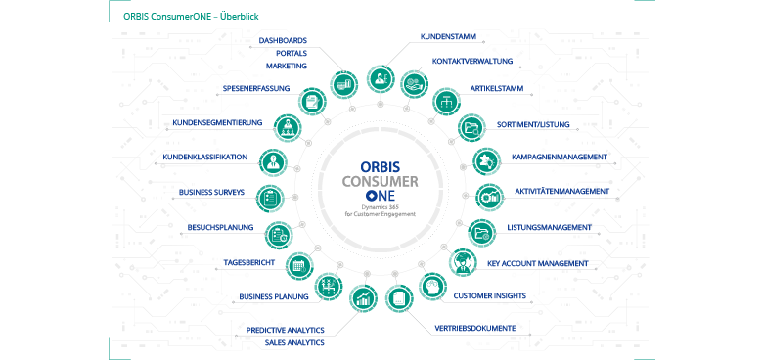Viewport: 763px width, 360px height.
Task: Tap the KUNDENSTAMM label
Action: coord(447,37)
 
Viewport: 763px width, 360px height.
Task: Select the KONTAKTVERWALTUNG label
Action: coord(472,61)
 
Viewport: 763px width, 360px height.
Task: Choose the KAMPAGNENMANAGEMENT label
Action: coord(559,157)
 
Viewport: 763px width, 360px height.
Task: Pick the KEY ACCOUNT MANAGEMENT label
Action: coord(537,263)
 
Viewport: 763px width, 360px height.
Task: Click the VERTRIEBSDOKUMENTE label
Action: coord(474,328)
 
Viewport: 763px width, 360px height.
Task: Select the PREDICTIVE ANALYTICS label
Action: coord(285,330)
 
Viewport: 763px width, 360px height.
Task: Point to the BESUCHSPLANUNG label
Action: coord(220,228)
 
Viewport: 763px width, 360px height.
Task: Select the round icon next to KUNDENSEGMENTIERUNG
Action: coord(288,126)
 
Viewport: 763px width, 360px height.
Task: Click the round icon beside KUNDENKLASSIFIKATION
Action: coord(274,159)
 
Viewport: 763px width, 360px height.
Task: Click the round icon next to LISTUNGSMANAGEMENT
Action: coord(480,232)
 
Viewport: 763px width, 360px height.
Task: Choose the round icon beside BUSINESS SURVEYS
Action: coord(273,196)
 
